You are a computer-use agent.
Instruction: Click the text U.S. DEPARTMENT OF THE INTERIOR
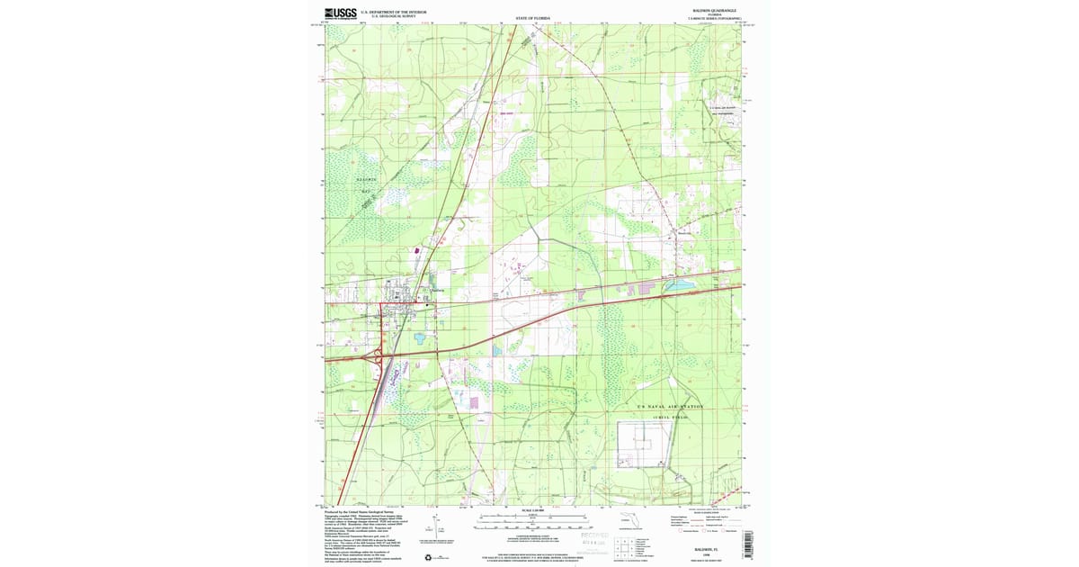[x=393, y=12]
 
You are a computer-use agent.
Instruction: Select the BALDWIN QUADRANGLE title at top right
[x=709, y=11]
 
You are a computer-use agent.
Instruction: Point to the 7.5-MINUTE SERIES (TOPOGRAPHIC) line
[x=709, y=19]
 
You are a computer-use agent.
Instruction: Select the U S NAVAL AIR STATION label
[x=669, y=407]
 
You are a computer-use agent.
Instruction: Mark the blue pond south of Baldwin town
[x=420, y=339]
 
